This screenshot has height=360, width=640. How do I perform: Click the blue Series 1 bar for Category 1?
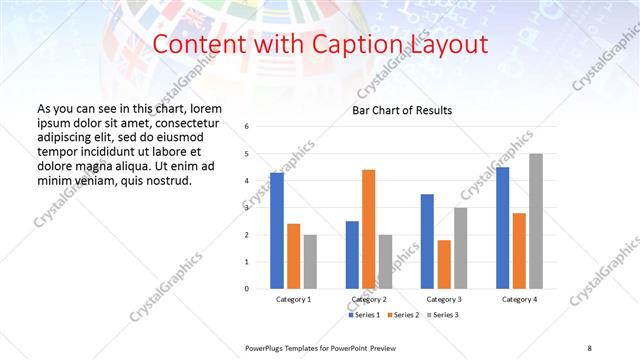coord(277,231)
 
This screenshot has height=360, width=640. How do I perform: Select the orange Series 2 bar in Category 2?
coord(368,229)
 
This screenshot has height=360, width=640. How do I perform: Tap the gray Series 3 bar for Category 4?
coord(536,221)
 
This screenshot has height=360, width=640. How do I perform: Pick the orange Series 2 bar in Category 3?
coord(444,264)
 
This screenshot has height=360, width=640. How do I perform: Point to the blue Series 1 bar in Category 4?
coord(502,228)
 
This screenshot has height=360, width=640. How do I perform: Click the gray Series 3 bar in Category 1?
coord(310,262)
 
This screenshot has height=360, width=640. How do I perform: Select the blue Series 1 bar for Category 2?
coord(352,255)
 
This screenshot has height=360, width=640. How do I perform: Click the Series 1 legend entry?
coord(363,316)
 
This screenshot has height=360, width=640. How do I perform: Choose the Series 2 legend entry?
coord(403,316)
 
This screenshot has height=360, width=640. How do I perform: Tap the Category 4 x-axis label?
coord(519,300)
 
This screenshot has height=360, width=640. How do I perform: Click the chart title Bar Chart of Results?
coord(401,110)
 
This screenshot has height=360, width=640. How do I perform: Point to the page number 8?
coord(589,347)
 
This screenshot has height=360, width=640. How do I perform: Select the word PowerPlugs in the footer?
coord(264,347)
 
